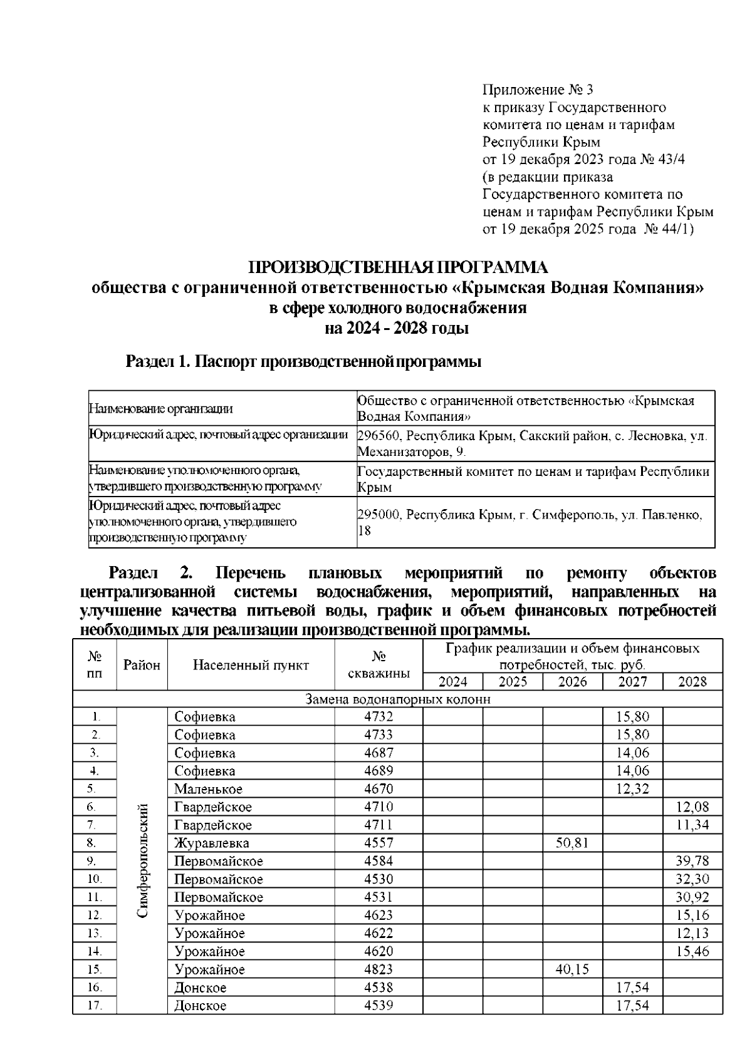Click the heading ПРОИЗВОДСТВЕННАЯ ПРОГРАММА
[x=399, y=268]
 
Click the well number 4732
[x=379, y=716]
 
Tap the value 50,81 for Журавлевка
[x=572, y=843]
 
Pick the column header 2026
[x=572, y=682]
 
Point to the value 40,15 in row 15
[x=572, y=969]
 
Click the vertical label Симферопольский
[x=142, y=861]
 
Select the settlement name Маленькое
[x=208, y=789]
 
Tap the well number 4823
[x=379, y=969]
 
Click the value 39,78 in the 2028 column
[x=692, y=861]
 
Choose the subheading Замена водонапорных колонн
[x=397, y=699]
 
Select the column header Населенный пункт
[x=251, y=665]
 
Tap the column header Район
[x=142, y=665]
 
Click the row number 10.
[x=95, y=879]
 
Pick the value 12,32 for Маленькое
[x=632, y=789]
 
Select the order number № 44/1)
[x=669, y=229]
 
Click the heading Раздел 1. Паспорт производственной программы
[x=303, y=362]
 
